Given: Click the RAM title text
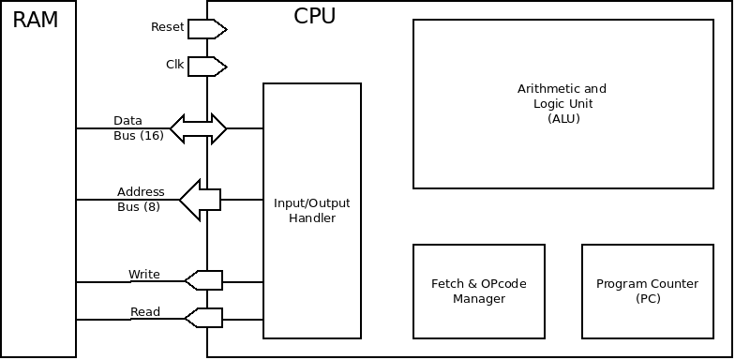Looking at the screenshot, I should [x=36, y=21].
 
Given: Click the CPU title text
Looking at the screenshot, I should [x=314, y=17].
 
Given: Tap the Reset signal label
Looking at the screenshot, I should [x=167, y=27].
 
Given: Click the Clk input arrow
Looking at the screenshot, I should [x=207, y=66].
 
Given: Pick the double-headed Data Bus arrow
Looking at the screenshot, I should [x=198, y=128].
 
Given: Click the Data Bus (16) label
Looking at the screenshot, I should [x=138, y=128].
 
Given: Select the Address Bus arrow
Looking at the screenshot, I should [x=200, y=199].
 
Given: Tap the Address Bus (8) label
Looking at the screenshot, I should [x=140, y=199].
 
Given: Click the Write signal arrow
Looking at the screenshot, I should [x=203, y=280].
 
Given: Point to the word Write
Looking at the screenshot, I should [x=143, y=275].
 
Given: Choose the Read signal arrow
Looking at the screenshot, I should [x=203, y=319].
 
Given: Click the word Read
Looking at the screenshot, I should [x=144, y=312].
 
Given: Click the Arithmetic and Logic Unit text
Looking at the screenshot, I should [x=562, y=97].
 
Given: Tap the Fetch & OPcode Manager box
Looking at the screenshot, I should [x=479, y=291].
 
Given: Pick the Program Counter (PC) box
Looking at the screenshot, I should [x=648, y=291].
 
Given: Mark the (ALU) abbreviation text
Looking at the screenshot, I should [x=562, y=119].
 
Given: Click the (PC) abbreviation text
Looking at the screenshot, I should [x=648, y=298].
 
